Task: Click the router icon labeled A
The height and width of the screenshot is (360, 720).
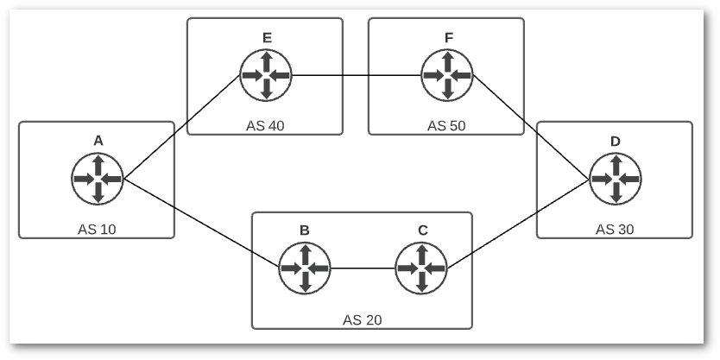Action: coord(98,179)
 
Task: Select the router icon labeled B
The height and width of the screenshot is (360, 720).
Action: coord(305,268)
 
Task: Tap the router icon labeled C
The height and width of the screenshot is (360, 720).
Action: coord(421,268)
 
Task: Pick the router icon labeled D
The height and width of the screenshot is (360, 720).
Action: coord(615,179)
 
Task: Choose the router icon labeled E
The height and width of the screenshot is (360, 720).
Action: coord(266,75)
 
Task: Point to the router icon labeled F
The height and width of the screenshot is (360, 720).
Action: coord(446,75)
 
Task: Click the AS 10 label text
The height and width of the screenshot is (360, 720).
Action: coord(98,230)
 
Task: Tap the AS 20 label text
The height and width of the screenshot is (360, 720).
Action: coord(362,320)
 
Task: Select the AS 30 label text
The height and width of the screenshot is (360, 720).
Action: coord(615,230)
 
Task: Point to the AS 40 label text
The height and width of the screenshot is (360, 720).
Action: coord(265,126)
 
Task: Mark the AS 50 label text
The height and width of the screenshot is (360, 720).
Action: coord(446,126)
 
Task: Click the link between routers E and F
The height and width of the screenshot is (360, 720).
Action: coord(356,75)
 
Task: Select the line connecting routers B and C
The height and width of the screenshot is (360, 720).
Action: coord(363,268)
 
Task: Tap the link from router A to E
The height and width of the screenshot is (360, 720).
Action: coord(182,126)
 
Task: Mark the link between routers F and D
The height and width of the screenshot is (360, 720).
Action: coord(531,127)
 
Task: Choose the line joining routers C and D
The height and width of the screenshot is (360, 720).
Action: coord(518,223)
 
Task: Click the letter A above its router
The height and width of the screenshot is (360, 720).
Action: coord(98,140)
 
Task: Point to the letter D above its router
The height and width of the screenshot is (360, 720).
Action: coord(615,140)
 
